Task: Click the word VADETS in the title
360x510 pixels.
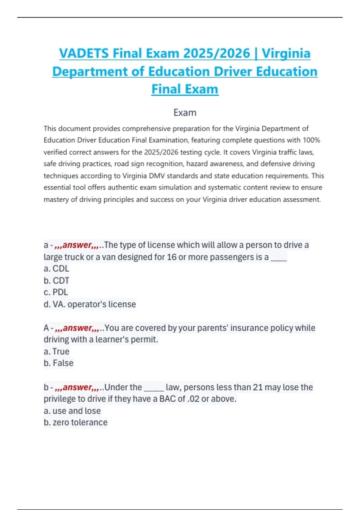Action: pos(84,53)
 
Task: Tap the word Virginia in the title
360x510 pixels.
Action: pos(286,53)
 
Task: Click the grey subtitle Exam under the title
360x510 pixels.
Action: pos(185,112)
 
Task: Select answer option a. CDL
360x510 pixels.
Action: pos(56,268)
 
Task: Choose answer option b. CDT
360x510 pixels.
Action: pos(56,280)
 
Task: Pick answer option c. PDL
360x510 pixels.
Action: pos(56,292)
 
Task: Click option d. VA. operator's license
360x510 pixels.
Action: pos(90,304)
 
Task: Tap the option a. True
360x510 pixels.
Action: pos(56,351)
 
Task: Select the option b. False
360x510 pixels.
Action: pos(58,363)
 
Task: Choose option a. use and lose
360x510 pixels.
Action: pos(72,411)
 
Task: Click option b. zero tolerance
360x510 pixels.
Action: pos(75,422)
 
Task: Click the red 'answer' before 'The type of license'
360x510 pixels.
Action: pos(77,245)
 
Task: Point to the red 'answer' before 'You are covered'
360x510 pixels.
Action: pos(77,328)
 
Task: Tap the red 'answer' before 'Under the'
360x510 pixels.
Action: pos(77,387)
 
